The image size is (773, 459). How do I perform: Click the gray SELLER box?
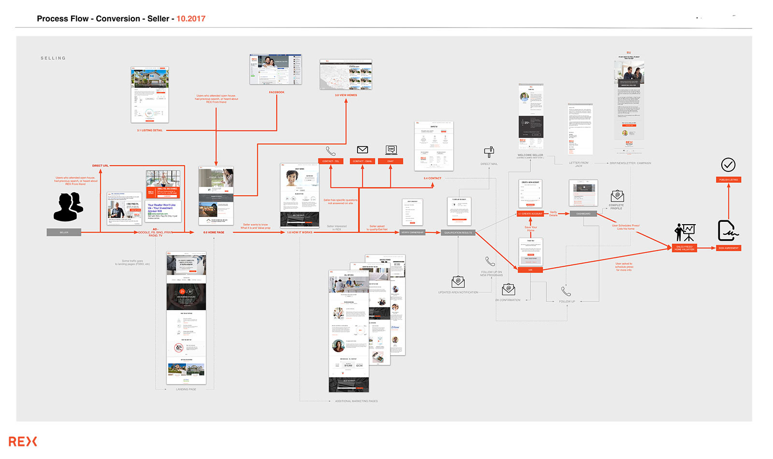[64, 232]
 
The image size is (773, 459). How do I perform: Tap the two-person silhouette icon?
[68, 206]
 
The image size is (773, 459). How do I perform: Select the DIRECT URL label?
[100, 166]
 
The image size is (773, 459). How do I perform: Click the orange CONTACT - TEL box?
[330, 161]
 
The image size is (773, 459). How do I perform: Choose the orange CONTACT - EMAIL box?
[362, 161]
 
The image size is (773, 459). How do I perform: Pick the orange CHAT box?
[390, 161]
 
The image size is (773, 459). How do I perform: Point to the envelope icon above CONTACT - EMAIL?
[362, 150]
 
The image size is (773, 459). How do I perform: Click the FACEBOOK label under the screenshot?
[277, 92]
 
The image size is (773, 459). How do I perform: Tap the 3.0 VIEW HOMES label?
[346, 95]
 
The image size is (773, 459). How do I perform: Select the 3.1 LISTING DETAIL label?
[150, 130]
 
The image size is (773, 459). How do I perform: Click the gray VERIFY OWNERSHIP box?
[412, 232]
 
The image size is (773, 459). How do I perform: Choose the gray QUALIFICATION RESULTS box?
[458, 233]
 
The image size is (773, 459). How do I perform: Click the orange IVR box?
[530, 270]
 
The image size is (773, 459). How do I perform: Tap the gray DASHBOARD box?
[583, 214]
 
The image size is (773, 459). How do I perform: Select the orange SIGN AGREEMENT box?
[728, 248]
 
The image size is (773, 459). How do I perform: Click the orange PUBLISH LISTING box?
[728, 180]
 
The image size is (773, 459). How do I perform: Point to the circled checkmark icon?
[728, 165]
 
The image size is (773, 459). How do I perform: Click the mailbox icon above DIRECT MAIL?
[489, 152]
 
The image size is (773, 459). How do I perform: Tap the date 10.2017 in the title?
[191, 19]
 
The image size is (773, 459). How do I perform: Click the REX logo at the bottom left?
[23, 441]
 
